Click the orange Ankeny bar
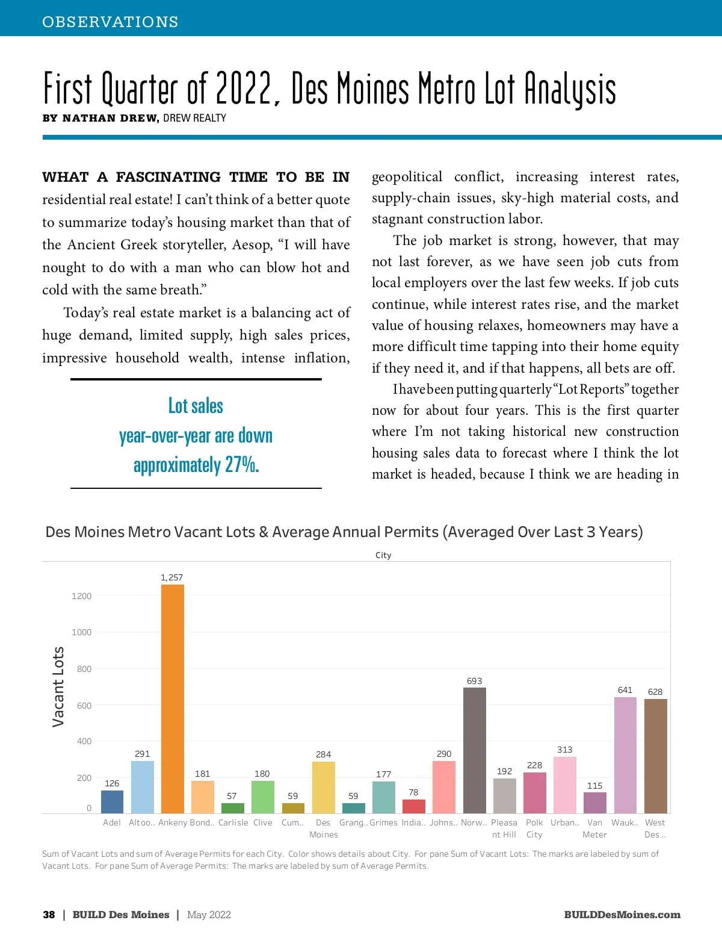(x=173, y=698)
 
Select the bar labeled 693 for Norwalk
(x=474, y=750)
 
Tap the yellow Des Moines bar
(x=323, y=787)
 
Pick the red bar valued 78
(x=413, y=806)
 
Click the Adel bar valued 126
(x=112, y=802)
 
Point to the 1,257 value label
(x=171, y=577)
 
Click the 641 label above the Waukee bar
(x=625, y=690)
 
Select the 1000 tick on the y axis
(x=81, y=632)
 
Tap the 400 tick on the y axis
(x=84, y=741)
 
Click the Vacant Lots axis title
(x=58, y=686)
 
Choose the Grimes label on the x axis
(x=383, y=822)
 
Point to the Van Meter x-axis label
(x=594, y=828)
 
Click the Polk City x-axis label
(x=534, y=828)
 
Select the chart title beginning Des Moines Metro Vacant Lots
(x=344, y=532)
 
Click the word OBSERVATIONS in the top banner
(x=110, y=22)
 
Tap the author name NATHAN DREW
(x=110, y=118)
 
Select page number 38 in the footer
(x=49, y=915)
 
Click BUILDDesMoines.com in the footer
(x=622, y=915)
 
